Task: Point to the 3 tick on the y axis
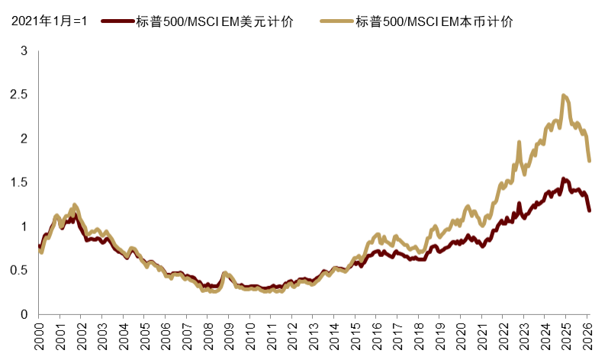pyautogui.click(x=24, y=51)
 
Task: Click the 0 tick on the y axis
pyautogui.click(x=24, y=314)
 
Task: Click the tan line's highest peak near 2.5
pyautogui.click(x=564, y=95)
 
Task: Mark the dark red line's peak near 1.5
pyautogui.click(x=564, y=179)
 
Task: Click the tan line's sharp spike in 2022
pyautogui.click(x=519, y=143)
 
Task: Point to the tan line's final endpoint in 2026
pyautogui.click(x=589, y=160)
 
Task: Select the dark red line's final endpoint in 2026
pyautogui.click(x=589, y=210)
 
